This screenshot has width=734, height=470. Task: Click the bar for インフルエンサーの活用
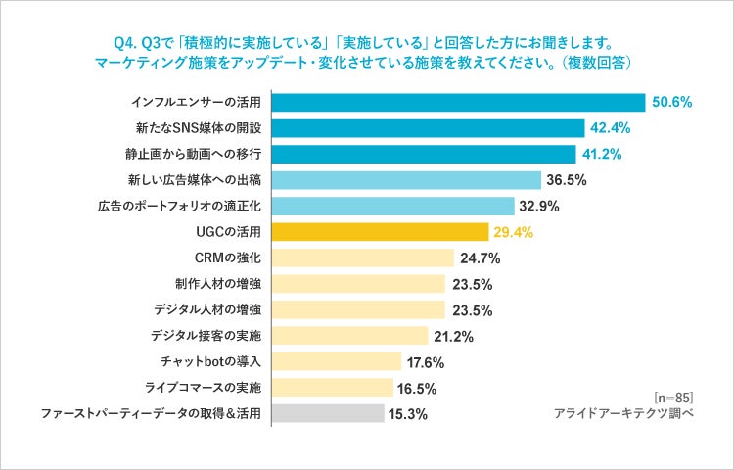tap(457, 103)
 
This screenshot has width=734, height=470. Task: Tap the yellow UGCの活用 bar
tap(379, 232)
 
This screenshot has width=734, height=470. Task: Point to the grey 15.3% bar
tap(327, 413)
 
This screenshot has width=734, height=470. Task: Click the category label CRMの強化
tap(229, 258)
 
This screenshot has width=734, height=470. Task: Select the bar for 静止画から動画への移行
tap(423, 155)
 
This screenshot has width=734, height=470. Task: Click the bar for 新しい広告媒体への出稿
tap(405, 180)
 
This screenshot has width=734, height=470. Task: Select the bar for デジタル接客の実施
tap(349, 336)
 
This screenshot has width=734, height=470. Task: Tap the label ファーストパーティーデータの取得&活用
tap(151, 413)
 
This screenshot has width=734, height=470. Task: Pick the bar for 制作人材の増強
tap(357, 284)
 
